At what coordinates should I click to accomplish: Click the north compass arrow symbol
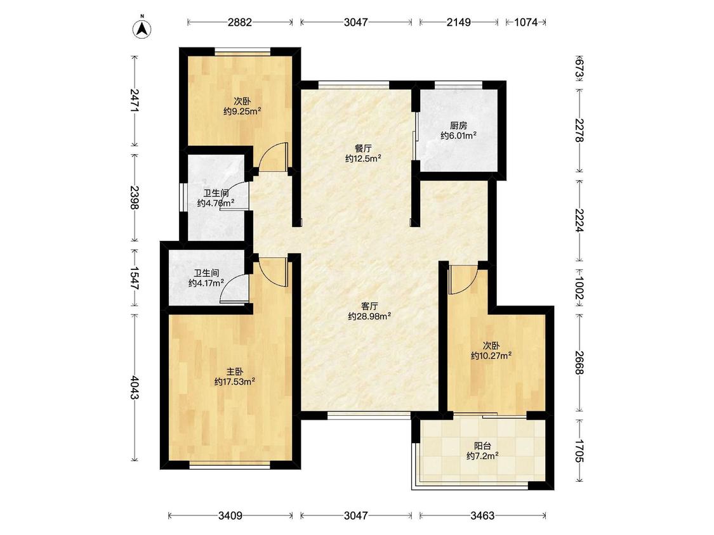click(x=143, y=28)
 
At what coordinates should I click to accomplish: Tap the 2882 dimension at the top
click(x=240, y=22)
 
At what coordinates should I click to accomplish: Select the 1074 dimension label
click(x=526, y=22)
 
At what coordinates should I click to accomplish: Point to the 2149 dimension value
click(x=458, y=22)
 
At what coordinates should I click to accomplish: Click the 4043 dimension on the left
click(x=135, y=387)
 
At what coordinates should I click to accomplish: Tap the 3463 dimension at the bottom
click(x=483, y=515)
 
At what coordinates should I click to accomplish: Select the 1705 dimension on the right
click(x=579, y=451)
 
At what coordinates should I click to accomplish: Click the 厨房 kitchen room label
click(x=458, y=126)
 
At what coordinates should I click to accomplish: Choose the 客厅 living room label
click(x=370, y=306)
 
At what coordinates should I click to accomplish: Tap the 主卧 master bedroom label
click(x=235, y=371)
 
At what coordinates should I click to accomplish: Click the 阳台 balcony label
click(x=483, y=446)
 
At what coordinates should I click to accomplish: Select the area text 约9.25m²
click(x=242, y=111)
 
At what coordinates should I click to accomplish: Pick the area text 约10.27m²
click(x=491, y=356)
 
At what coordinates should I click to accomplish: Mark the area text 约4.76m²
click(x=216, y=203)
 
